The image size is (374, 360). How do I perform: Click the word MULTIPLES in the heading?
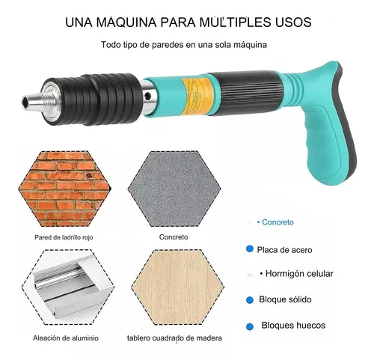(x=235, y=22)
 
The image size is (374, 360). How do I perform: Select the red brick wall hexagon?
(x=64, y=189)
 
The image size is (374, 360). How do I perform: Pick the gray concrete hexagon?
(x=174, y=189)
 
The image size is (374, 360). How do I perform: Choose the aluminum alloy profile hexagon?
(x=68, y=287)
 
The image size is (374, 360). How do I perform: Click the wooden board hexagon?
(x=177, y=287)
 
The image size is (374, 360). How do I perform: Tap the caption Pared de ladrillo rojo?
(x=64, y=237)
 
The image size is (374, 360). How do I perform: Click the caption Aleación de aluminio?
(x=66, y=338)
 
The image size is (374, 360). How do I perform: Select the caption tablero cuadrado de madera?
(x=174, y=338)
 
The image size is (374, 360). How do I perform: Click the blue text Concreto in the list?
(x=278, y=222)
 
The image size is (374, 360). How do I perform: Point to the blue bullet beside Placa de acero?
(x=250, y=248)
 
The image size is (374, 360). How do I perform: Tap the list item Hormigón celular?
(x=299, y=274)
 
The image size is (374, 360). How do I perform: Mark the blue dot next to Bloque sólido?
(x=250, y=300)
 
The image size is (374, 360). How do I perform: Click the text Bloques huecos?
(x=293, y=326)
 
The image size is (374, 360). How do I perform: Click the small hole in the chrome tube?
(x=148, y=96)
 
